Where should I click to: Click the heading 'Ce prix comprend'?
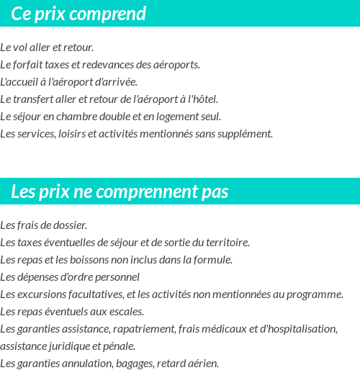78,14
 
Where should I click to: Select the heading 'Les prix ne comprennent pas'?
120,192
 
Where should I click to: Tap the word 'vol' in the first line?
20,48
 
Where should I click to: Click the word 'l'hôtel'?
202,99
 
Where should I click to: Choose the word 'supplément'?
247,134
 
